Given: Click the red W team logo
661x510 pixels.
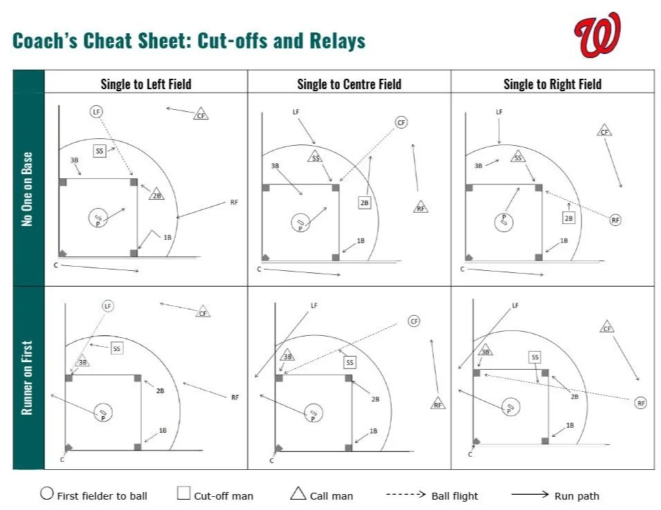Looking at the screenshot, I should (597, 35).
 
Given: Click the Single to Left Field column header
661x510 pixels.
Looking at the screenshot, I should (145, 84).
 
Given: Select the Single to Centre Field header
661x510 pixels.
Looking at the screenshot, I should (349, 84).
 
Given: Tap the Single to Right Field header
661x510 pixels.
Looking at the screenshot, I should (552, 84).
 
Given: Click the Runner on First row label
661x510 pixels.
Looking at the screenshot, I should (28, 377).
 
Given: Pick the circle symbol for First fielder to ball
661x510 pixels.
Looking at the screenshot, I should (47, 493).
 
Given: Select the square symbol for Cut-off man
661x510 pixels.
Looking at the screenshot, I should (183, 493).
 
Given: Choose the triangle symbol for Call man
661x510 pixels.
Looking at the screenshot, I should (298, 493).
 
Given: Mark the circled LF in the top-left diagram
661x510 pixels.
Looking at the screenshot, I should (96, 111).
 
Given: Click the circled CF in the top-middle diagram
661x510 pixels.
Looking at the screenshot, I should (401, 122).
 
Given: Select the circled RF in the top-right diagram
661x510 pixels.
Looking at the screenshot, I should (615, 220).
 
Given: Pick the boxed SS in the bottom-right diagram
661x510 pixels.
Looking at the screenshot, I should (534, 357).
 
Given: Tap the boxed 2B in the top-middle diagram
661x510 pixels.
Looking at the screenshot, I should (364, 202).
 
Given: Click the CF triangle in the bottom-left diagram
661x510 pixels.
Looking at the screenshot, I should (203, 312).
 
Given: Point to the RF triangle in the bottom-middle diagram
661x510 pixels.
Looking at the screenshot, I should (437, 404).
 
